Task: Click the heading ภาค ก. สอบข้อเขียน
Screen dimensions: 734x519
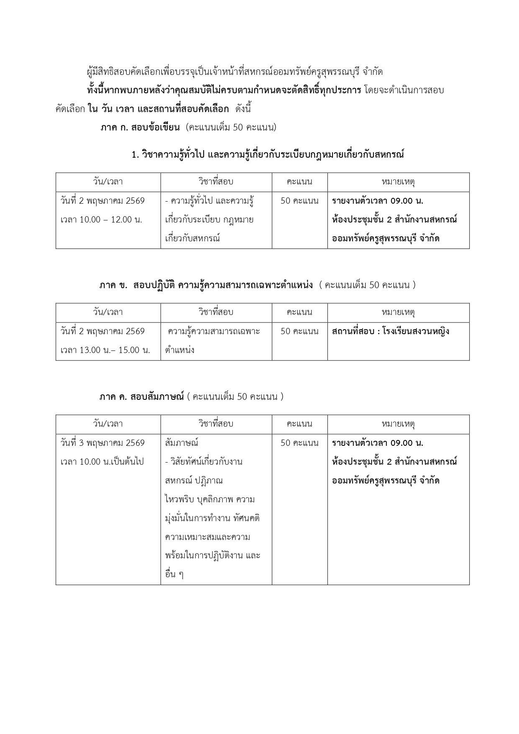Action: [x=140, y=128]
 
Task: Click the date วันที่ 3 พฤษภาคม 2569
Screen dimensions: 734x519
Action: [x=102, y=443]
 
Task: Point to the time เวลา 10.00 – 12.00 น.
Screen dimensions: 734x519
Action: [x=101, y=220]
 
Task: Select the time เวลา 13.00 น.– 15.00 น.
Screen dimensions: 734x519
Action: [x=105, y=350]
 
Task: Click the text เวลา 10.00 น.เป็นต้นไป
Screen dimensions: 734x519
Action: [x=102, y=462]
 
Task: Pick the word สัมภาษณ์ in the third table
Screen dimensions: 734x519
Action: [x=182, y=443]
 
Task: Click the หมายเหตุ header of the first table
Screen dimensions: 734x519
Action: [x=398, y=182]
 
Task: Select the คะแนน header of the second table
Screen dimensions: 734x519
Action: [x=299, y=312]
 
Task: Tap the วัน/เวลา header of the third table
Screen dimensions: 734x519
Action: [x=108, y=424]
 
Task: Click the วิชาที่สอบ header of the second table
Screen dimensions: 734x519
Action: [x=216, y=312]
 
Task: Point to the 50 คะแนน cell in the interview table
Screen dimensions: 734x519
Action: [x=299, y=443]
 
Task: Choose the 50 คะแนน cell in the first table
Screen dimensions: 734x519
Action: [x=299, y=201]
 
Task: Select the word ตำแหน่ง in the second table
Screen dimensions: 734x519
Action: [x=180, y=350]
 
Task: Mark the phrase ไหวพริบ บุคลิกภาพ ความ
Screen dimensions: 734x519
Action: [x=210, y=499]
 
